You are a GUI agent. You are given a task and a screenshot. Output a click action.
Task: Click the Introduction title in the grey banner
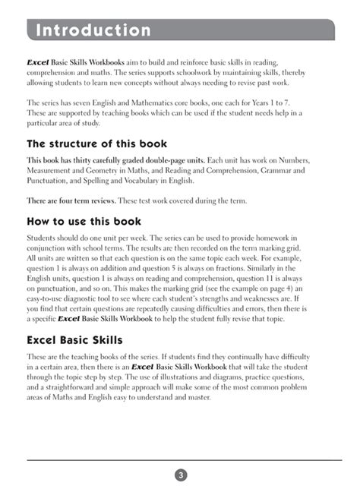93,31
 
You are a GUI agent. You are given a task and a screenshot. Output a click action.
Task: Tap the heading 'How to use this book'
84,221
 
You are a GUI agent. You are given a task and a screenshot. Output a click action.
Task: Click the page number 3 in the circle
181,475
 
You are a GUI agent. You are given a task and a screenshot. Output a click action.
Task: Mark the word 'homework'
296,238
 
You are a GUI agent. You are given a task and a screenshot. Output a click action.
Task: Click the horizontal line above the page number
181,460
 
